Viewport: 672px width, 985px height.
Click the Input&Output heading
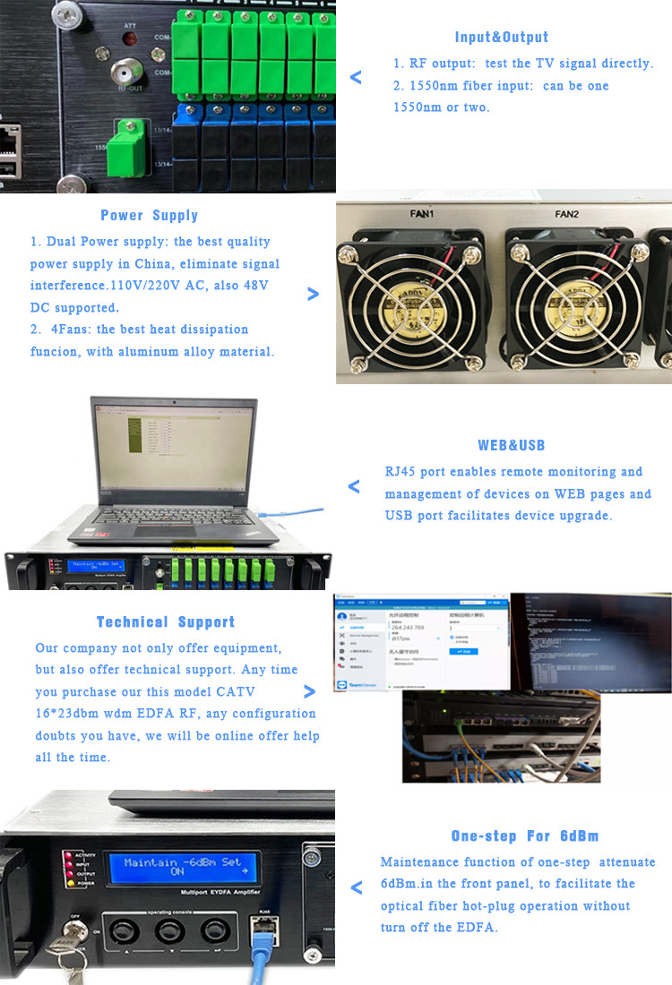[x=502, y=38]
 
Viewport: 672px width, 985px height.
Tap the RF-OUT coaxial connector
[x=129, y=73]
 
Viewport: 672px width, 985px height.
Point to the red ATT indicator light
[x=130, y=40]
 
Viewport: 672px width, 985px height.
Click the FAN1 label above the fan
[x=422, y=215]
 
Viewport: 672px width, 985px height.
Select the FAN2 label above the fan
[x=567, y=215]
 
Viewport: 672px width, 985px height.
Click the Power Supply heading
[x=150, y=216]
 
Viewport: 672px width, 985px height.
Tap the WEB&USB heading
[x=512, y=446]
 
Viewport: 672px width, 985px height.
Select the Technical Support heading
[x=166, y=622]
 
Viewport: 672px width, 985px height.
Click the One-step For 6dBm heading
[x=524, y=836]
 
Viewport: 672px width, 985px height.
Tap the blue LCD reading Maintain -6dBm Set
[x=183, y=866]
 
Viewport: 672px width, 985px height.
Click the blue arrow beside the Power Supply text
[x=313, y=294]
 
